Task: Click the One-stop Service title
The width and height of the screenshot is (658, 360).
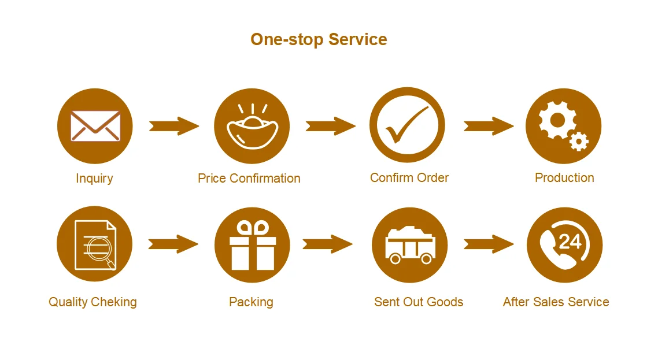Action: (319, 39)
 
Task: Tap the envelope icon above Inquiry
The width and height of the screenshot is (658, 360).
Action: (95, 126)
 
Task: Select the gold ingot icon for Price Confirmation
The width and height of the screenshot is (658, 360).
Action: (252, 130)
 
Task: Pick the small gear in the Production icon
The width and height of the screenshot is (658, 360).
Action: (578, 140)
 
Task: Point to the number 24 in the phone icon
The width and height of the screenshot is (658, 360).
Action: (570, 240)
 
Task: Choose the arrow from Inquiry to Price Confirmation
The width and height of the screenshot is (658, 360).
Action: (173, 126)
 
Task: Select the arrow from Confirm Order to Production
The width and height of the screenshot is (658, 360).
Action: (488, 126)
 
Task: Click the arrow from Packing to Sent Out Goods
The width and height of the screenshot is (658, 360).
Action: (327, 244)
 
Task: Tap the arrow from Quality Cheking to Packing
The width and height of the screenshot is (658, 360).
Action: (173, 244)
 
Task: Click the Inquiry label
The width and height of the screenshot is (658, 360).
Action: (94, 178)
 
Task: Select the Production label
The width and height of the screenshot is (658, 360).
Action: (564, 177)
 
